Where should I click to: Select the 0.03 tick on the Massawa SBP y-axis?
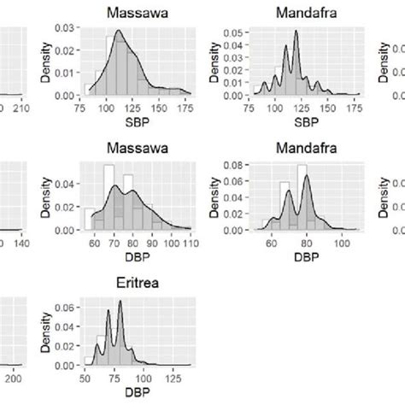[x=64, y=28]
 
